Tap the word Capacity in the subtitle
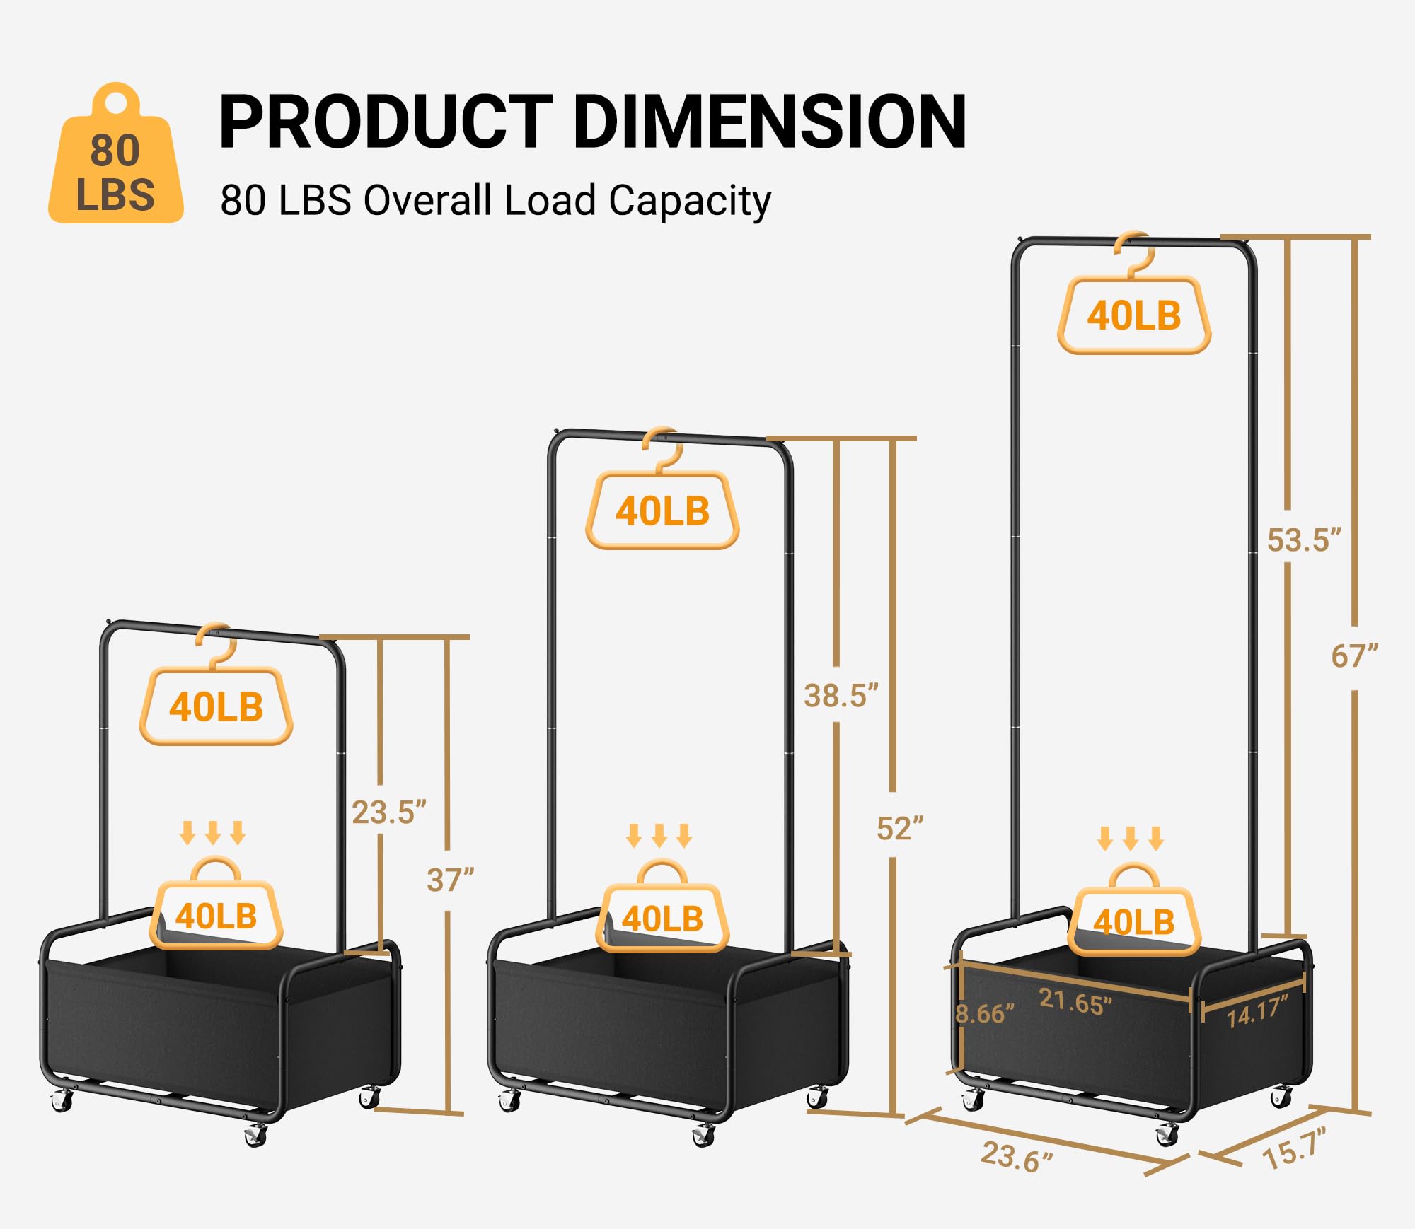[689, 201]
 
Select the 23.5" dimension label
[388, 812]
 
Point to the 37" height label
[450, 880]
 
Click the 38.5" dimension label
[841, 696]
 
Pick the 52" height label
[900, 828]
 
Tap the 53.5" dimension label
[1303, 540]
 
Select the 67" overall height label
[1354, 657]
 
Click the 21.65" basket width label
[1075, 1001]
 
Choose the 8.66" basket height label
[984, 1014]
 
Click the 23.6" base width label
[1017, 1157]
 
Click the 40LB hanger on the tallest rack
[1134, 315]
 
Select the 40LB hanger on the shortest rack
[216, 706]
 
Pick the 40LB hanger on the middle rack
[662, 511]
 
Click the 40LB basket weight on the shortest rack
[216, 915]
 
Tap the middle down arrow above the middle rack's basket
[659, 835]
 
